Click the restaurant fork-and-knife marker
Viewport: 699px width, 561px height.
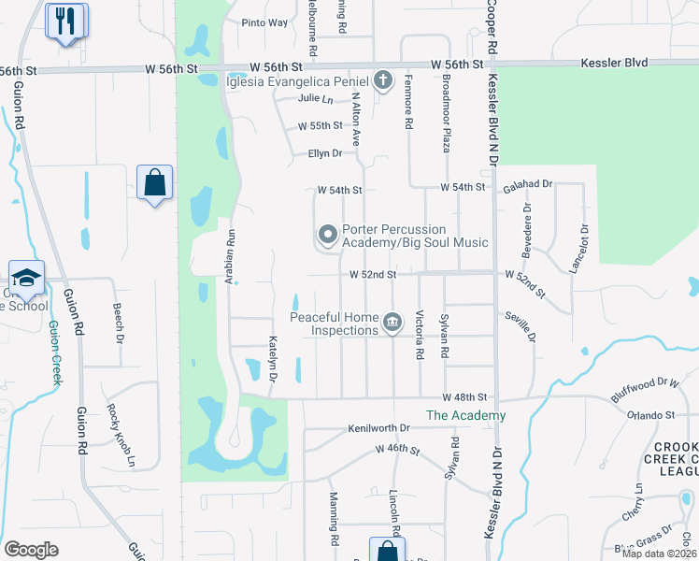(x=65, y=22)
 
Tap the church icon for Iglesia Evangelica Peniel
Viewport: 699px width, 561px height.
(x=382, y=80)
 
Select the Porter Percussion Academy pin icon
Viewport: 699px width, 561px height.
(x=327, y=234)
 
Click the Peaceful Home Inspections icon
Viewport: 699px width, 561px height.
(x=393, y=324)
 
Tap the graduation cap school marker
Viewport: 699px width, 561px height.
(x=26, y=278)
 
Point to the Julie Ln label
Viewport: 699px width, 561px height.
(x=316, y=98)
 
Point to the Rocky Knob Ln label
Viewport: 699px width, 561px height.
(x=120, y=436)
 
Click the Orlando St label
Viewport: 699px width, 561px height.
(x=650, y=415)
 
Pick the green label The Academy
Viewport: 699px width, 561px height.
(x=465, y=415)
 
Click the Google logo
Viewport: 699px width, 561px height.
(x=31, y=550)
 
